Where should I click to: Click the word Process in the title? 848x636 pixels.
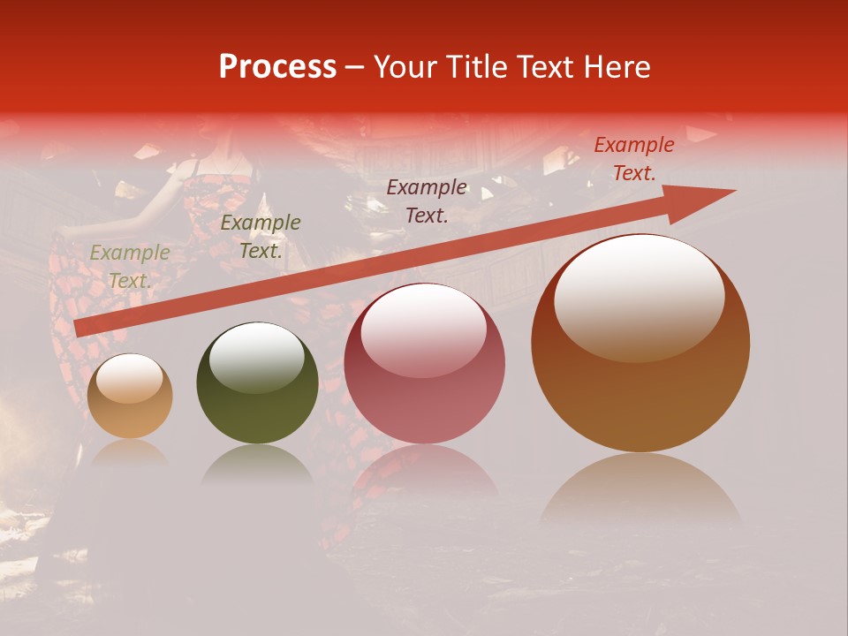[x=277, y=67]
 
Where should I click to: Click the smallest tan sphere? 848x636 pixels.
[x=130, y=397]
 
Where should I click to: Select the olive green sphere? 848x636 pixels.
[x=257, y=382]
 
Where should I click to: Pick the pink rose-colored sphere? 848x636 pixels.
[x=425, y=363]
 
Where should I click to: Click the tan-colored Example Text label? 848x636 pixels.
[x=130, y=267]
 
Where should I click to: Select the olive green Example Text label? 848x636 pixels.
[x=261, y=237]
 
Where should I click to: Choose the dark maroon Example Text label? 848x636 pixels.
[x=427, y=201]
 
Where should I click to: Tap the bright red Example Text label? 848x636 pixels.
[x=633, y=159]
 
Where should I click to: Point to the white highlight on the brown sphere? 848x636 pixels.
[x=639, y=296]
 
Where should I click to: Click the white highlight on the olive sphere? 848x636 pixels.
[x=256, y=356]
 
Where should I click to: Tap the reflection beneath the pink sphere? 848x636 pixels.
[x=425, y=473]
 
